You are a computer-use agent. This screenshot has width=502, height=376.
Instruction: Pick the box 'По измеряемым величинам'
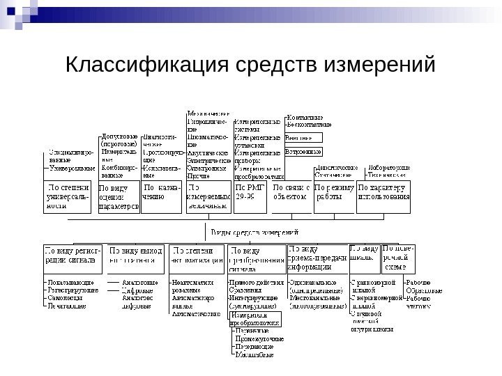(208, 196)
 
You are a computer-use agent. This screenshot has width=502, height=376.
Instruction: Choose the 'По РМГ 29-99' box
(249, 191)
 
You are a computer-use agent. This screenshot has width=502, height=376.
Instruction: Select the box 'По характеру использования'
(383, 191)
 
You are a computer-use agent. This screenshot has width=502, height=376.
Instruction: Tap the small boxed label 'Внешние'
(300, 138)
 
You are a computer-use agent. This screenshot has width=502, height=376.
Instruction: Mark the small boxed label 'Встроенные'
(303, 151)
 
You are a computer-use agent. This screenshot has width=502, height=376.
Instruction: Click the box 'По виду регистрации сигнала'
(71, 253)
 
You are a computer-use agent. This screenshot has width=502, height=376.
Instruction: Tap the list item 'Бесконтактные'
(310, 125)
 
